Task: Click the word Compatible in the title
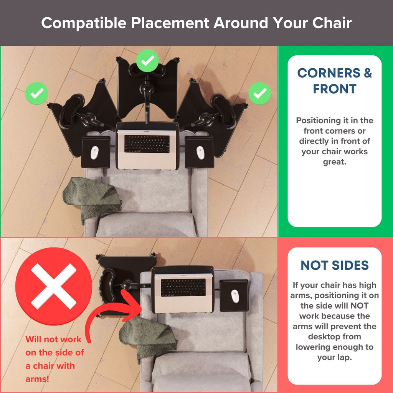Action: tap(84, 23)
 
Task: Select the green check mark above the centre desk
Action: tap(147, 61)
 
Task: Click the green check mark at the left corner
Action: tap(36, 93)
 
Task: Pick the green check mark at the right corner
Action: tap(260, 93)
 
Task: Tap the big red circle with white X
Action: tap(54, 286)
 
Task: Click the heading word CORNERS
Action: tap(329, 73)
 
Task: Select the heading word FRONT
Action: tap(335, 89)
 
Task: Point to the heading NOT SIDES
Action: tap(335, 265)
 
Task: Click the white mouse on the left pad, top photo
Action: tap(94, 153)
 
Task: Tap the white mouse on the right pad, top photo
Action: tap(200, 153)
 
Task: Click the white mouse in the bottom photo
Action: tap(235, 296)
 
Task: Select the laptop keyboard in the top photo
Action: tap(147, 144)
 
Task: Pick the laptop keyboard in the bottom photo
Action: tap(183, 287)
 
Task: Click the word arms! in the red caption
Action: tap(37, 379)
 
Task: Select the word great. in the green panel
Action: tap(334, 162)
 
